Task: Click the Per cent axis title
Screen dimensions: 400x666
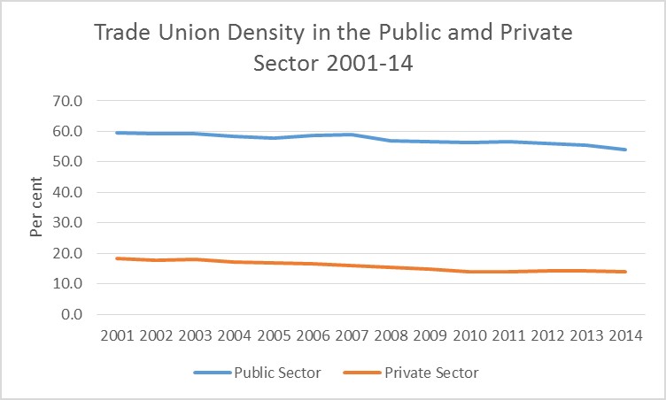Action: coord(36,208)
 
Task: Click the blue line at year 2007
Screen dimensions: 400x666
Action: coord(352,135)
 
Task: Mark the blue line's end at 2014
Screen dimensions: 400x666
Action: coord(625,150)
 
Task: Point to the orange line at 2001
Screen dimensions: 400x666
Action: coord(118,258)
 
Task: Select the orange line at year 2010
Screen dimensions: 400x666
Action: coord(469,272)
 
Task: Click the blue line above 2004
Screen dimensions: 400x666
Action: coord(235,136)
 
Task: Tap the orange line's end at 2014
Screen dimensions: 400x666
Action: coord(625,272)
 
